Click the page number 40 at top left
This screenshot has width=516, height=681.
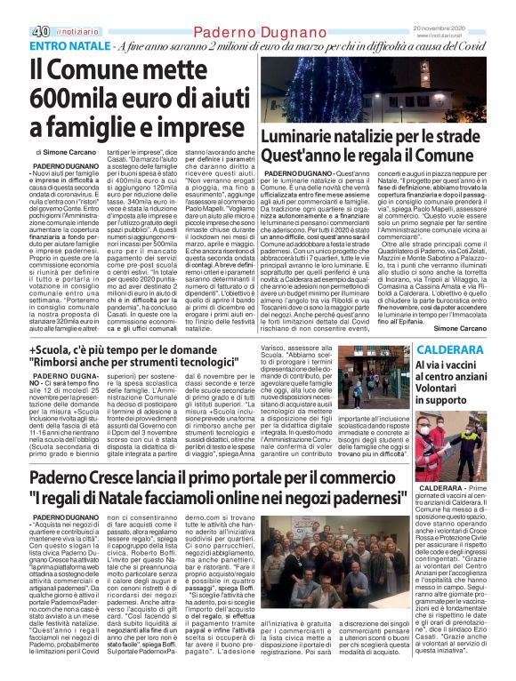(15, 9)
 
